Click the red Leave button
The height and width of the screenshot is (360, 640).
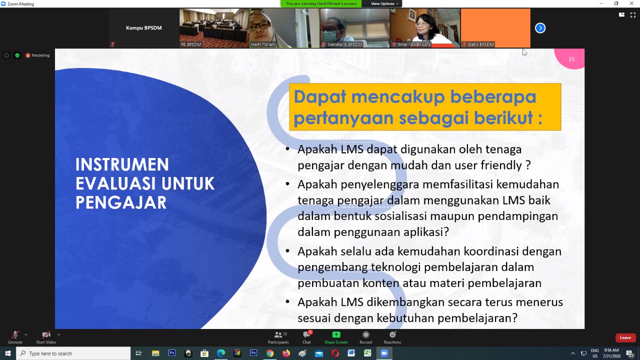625,337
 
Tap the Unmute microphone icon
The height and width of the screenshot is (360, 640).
15,334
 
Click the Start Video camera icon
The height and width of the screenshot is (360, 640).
46,334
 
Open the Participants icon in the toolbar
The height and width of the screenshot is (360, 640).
278,334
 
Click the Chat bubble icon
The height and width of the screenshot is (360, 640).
306,334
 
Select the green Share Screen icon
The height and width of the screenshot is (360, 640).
336,334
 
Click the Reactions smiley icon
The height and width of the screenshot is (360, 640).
392,334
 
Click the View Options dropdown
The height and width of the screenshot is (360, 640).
384,3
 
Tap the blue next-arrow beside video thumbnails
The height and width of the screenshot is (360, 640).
540,28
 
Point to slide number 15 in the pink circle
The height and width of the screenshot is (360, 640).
571,59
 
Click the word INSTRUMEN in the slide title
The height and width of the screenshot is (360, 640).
122,164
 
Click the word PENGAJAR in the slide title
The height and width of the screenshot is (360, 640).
121,202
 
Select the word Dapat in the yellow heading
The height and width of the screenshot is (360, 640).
320,96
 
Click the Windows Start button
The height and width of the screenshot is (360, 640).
7,353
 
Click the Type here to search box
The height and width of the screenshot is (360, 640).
73,353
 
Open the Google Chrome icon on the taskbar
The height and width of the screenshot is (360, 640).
269,353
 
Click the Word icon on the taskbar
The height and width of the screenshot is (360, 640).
351,353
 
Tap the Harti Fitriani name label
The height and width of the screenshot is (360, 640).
263,44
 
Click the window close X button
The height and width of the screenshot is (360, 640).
631,3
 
